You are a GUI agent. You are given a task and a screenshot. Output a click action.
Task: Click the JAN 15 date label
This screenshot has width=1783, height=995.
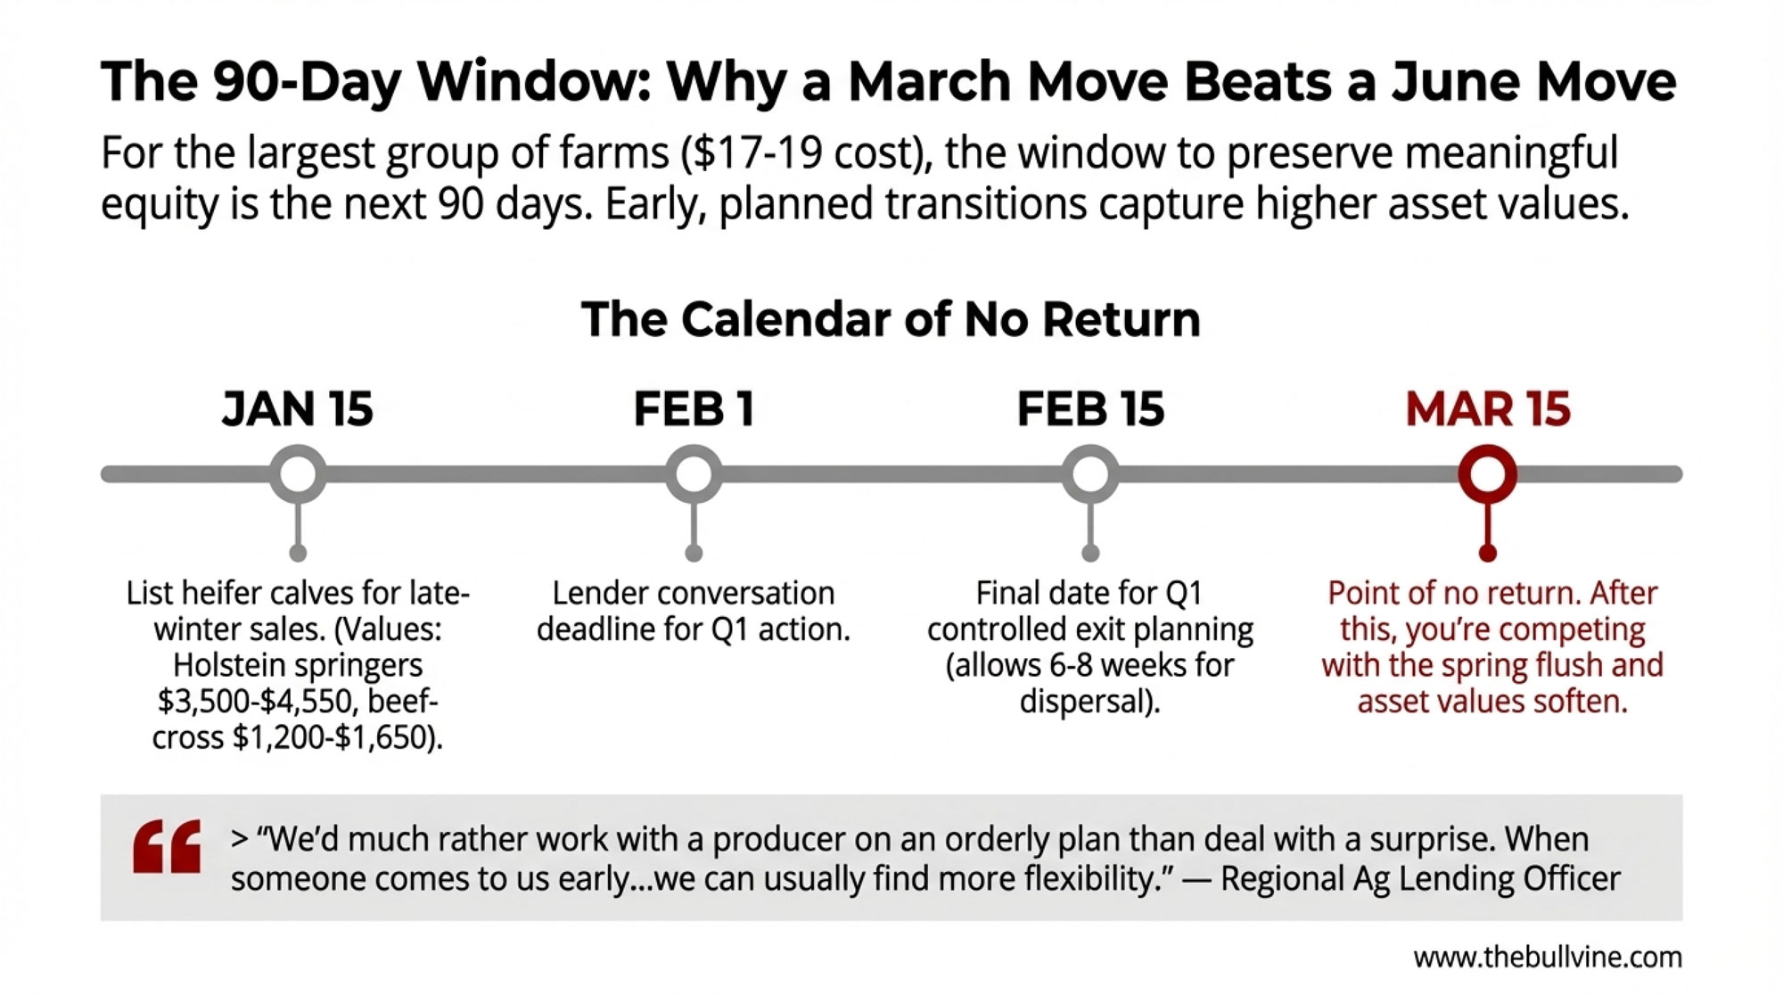(297, 409)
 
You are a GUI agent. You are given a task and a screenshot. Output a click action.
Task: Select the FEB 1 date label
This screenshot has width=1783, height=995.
(694, 409)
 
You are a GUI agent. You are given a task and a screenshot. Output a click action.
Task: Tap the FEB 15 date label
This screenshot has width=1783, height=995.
(1090, 409)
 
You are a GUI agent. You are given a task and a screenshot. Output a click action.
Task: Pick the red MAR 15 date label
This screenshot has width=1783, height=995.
(1487, 409)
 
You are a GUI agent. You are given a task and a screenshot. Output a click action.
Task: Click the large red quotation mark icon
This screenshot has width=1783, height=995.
(167, 846)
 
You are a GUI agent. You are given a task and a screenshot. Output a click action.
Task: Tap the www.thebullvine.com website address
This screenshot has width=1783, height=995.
(1548, 958)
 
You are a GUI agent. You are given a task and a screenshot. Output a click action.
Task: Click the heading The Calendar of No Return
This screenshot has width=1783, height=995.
(891, 319)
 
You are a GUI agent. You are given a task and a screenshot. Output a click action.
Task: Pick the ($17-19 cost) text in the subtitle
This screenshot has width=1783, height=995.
(807, 153)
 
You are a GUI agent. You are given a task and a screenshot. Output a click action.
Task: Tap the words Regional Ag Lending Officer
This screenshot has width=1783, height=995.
(1420, 879)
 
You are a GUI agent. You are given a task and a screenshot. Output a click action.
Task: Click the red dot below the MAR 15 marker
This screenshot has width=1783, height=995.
(1487, 554)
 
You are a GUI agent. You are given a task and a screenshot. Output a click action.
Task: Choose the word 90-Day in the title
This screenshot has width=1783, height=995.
(306, 83)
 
